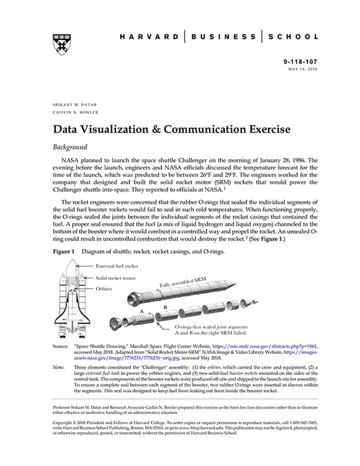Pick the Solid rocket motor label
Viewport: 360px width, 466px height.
click(114, 278)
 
